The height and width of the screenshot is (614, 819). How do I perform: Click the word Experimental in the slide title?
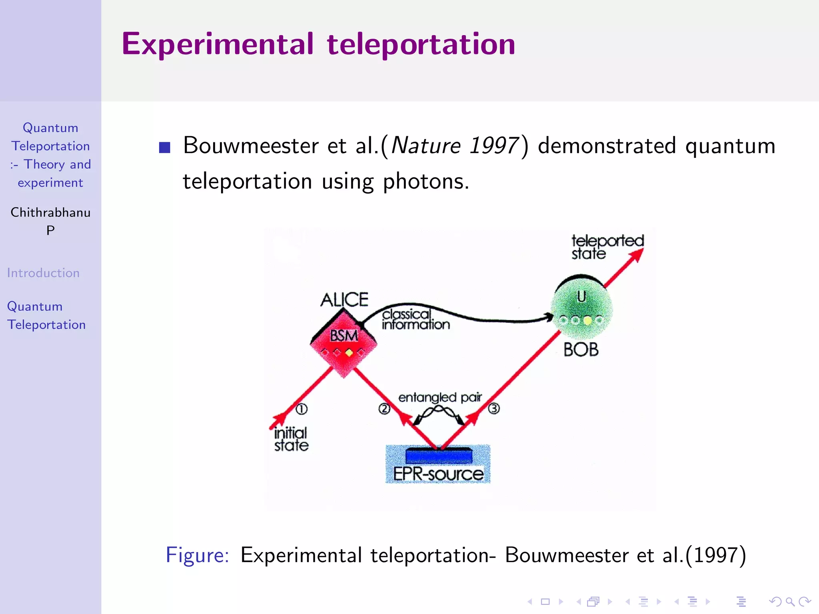tap(218, 44)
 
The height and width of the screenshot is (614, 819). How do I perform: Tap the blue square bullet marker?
tap(164, 148)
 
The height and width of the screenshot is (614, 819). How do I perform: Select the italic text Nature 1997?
tap(455, 146)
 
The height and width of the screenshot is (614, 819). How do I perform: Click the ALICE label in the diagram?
tap(344, 300)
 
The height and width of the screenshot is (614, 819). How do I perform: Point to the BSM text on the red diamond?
tap(344, 335)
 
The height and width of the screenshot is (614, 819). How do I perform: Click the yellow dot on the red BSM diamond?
tap(349, 353)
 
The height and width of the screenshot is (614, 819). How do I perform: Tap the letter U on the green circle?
tap(581, 297)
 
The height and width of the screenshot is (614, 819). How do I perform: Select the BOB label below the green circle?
tap(581, 350)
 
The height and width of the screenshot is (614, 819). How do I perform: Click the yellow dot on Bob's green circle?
tap(587, 320)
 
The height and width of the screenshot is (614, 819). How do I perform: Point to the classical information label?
tap(415, 320)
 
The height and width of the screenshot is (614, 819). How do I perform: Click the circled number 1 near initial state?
tap(302, 409)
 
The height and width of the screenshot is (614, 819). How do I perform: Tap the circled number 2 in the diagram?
tap(384, 409)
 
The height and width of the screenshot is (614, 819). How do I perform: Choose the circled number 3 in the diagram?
tap(494, 409)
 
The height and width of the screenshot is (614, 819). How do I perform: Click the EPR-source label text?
tap(438, 474)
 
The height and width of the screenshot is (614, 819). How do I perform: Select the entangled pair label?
tap(440, 397)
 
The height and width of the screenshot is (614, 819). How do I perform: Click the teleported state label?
tap(607, 247)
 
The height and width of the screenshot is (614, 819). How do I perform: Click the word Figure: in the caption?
tap(198, 555)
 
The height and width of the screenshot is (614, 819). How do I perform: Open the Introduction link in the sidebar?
tap(43, 273)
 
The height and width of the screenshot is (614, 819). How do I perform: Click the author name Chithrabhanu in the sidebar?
tap(50, 212)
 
